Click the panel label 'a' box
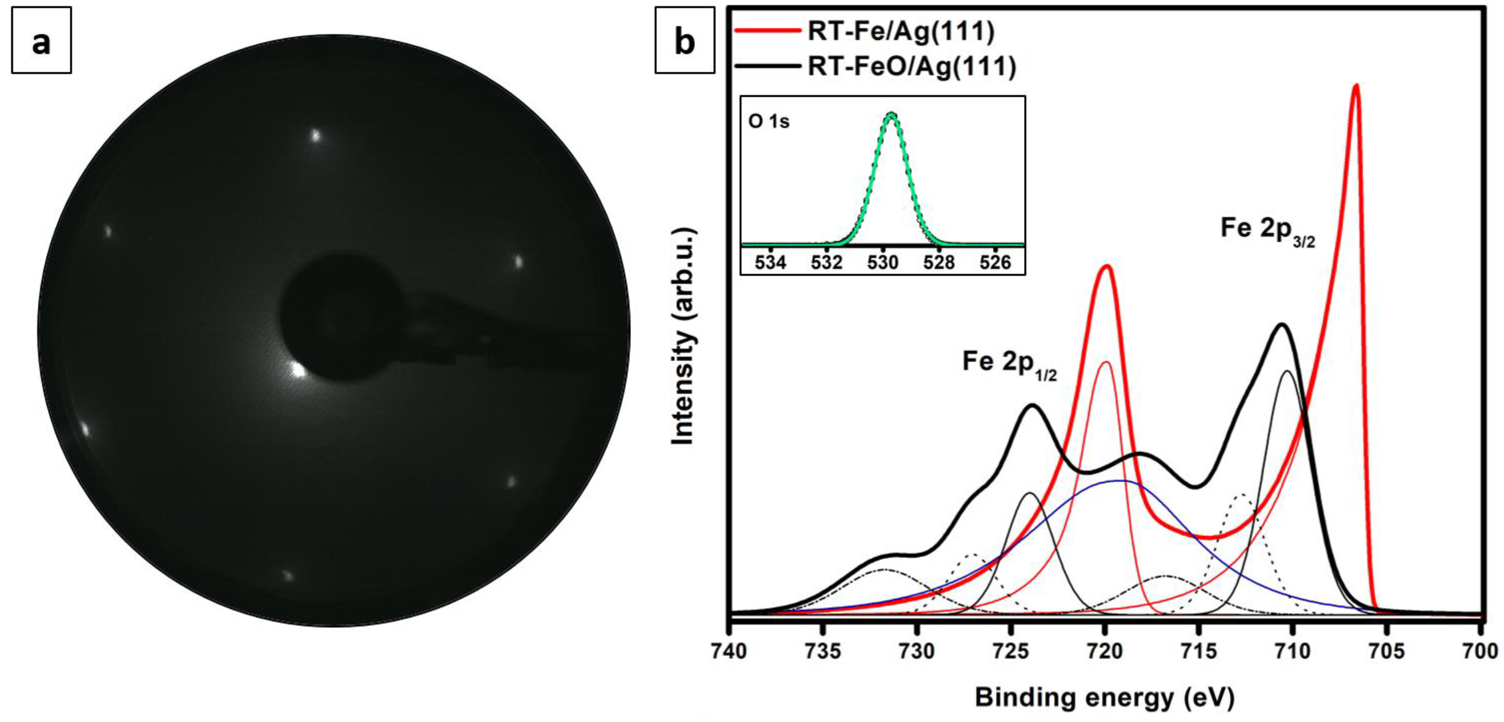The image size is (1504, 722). point(41,40)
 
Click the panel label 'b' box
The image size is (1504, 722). point(684,40)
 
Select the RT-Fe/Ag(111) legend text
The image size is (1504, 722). point(900,32)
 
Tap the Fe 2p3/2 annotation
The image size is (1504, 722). point(1267,229)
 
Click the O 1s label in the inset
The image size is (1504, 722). point(768,122)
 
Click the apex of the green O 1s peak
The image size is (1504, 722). point(891,114)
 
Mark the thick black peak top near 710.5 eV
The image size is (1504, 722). point(1282,325)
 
